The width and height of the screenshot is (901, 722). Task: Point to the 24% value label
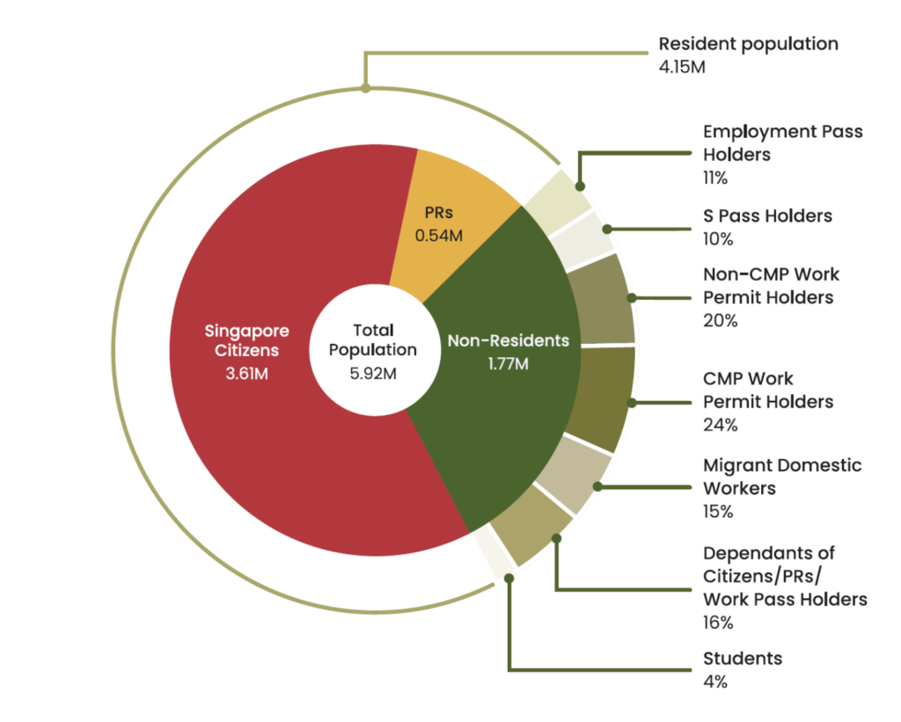(x=720, y=425)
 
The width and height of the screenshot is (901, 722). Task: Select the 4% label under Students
(x=714, y=681)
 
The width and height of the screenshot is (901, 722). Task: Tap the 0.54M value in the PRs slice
(x=439, y=236)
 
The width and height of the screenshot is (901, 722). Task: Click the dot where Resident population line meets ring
(x=366, y=87)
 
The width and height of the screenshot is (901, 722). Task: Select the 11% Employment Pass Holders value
(x=715, y=178)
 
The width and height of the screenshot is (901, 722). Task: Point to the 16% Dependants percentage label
(x=718, y=623)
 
